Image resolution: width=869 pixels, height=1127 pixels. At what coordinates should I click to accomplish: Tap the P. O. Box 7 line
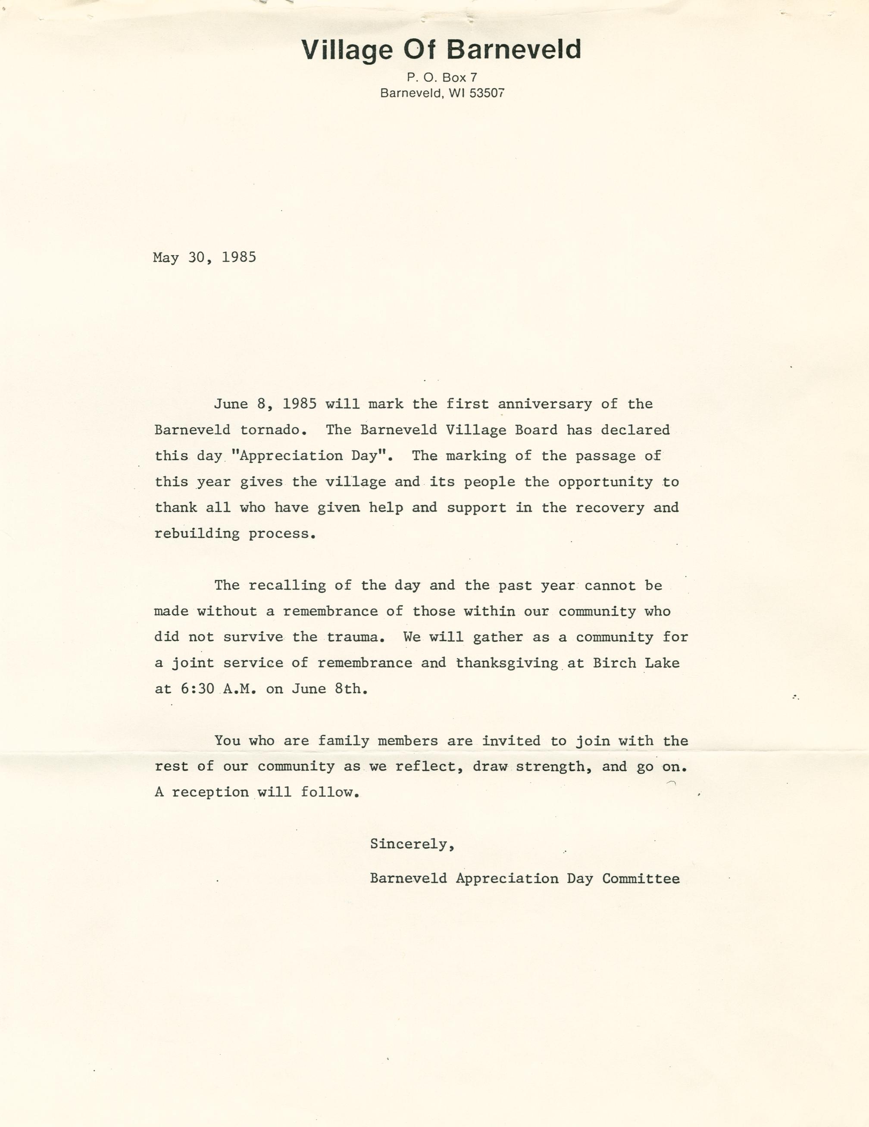pyautogui.click(x=441, y=78)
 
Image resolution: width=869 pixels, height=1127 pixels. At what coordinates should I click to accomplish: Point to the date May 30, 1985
pyautogui.click(x=204, y=258)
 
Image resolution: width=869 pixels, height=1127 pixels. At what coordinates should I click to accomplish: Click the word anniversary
pyautogui.click(x=545, y=404)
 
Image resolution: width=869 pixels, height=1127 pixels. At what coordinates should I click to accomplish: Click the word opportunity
pyautogui.click(x=605, y=483)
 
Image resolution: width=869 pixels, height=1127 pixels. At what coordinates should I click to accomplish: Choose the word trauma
pyautogui.click(x=355, y=637)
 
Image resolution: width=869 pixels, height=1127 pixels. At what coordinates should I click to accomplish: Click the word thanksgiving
pyautogui.click(x=507, y=663)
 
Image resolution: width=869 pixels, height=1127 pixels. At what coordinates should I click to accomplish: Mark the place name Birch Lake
pyautogui.click(x=636, y=663)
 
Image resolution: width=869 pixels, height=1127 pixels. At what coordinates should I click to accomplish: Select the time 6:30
pyautogui.click(x=197, y=689)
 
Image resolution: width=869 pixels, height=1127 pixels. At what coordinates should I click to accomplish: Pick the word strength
pyautogui.click(x=553, y=767)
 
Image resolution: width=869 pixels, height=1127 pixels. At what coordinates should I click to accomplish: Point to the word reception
pyautogui.click(x=210, y=793)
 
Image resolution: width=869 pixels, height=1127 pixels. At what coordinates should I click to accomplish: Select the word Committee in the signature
pyautogui.click(x=641, y=879)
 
